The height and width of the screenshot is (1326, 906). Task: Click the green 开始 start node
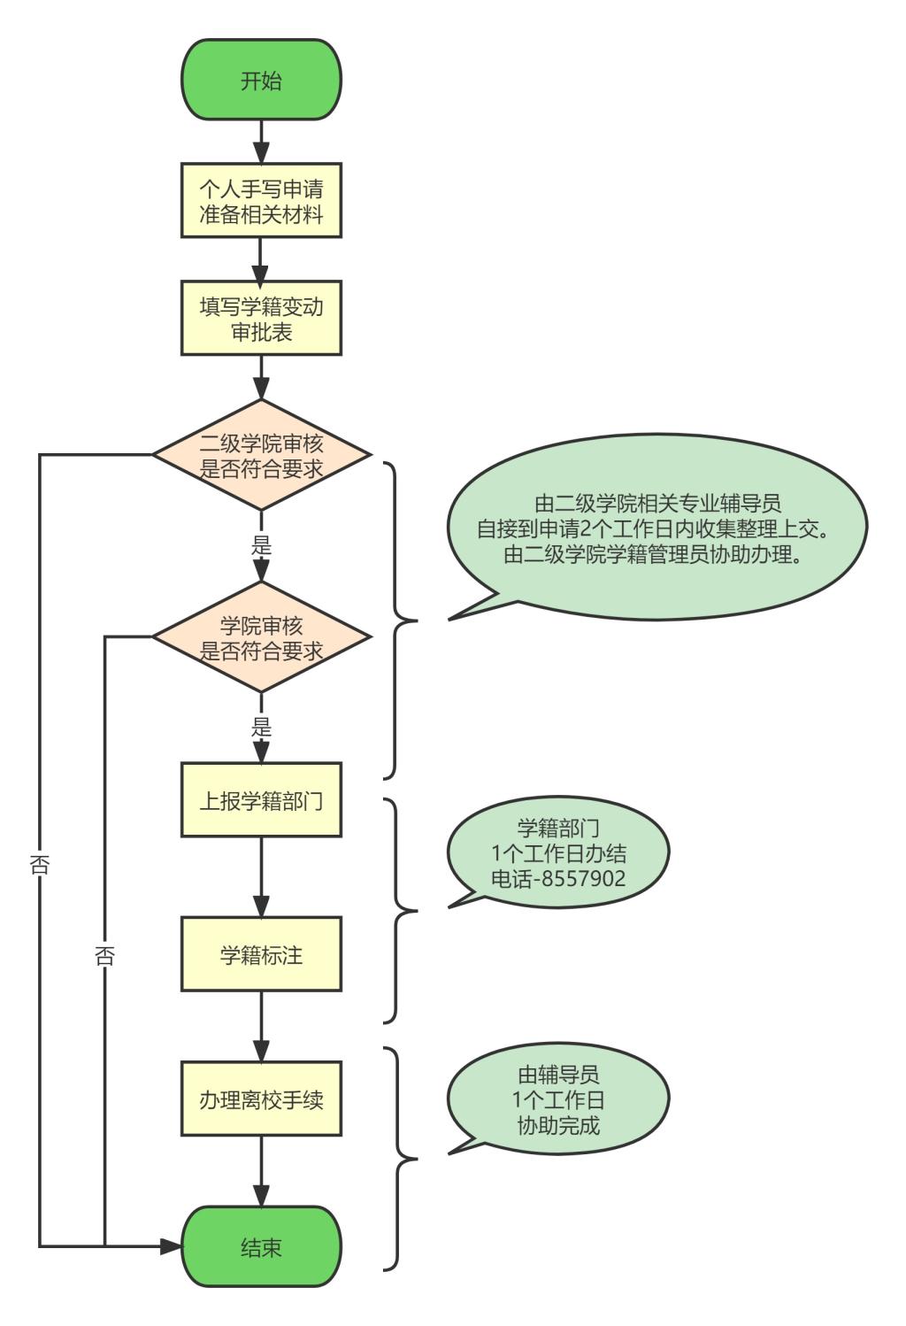(261, 81)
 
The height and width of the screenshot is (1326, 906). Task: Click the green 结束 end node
(261, 1247)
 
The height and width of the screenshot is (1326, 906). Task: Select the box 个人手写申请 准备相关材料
(261, 201)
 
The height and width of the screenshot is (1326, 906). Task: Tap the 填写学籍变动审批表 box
(261, 319)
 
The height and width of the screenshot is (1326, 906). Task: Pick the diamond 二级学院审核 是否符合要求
(261, 455)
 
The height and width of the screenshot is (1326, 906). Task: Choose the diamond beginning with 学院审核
(261, 637)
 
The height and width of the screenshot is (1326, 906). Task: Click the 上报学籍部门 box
(261, 800)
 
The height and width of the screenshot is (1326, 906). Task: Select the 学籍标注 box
(261, 954)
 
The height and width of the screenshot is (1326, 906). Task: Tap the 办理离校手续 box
(261, 1099)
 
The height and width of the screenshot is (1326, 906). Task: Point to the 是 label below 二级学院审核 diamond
(261, 545)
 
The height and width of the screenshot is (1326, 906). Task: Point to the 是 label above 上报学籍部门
(261, 728)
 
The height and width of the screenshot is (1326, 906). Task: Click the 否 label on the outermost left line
(40, 865)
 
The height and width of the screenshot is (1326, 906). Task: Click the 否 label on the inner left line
(104, 956)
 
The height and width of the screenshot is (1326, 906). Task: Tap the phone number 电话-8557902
(558, 878)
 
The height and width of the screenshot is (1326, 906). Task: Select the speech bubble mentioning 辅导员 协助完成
(558, 1100)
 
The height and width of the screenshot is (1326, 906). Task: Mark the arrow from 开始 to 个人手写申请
(261, 142)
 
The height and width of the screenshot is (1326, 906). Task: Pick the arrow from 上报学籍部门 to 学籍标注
(261, 876)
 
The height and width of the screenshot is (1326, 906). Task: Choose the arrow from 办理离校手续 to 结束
(261, 1171)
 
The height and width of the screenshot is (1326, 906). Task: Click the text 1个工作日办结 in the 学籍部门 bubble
(558, 853)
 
